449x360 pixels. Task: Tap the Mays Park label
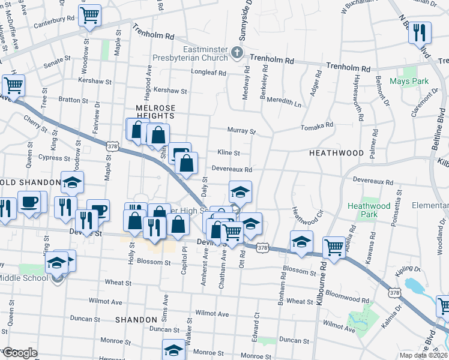(x=409, y=81)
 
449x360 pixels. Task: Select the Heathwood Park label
(x=369, y=211)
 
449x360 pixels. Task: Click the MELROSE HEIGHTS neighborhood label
(x=151, y=112)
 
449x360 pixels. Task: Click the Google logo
(x=19, y=353)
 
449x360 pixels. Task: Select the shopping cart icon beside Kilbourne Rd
(x=333, y=246)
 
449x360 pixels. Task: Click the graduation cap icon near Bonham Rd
(x=301, y=241)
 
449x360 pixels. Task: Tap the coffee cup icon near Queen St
(x=28, y=201)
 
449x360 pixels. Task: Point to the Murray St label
(x=241, y=130)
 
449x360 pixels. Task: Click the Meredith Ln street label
(x=284, y=103)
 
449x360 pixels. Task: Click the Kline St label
(x=228, y=153)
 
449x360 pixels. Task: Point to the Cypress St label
(x=49, y=158)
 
